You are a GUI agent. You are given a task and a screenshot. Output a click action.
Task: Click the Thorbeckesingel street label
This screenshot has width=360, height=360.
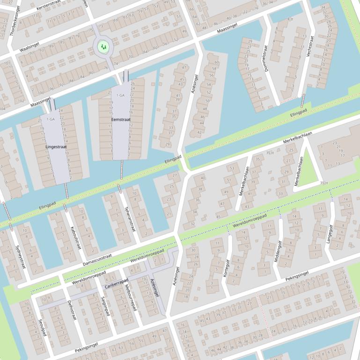pos(15,22)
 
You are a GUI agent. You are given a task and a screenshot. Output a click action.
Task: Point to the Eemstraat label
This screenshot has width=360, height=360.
pos(121,120)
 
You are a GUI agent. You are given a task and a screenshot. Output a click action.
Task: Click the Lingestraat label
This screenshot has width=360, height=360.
pos(56,147)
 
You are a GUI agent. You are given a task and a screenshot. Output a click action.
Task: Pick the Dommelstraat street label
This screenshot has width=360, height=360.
pos(265,58)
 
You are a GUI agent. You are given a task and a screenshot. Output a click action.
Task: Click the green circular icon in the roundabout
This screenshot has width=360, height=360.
pos(103,46)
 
